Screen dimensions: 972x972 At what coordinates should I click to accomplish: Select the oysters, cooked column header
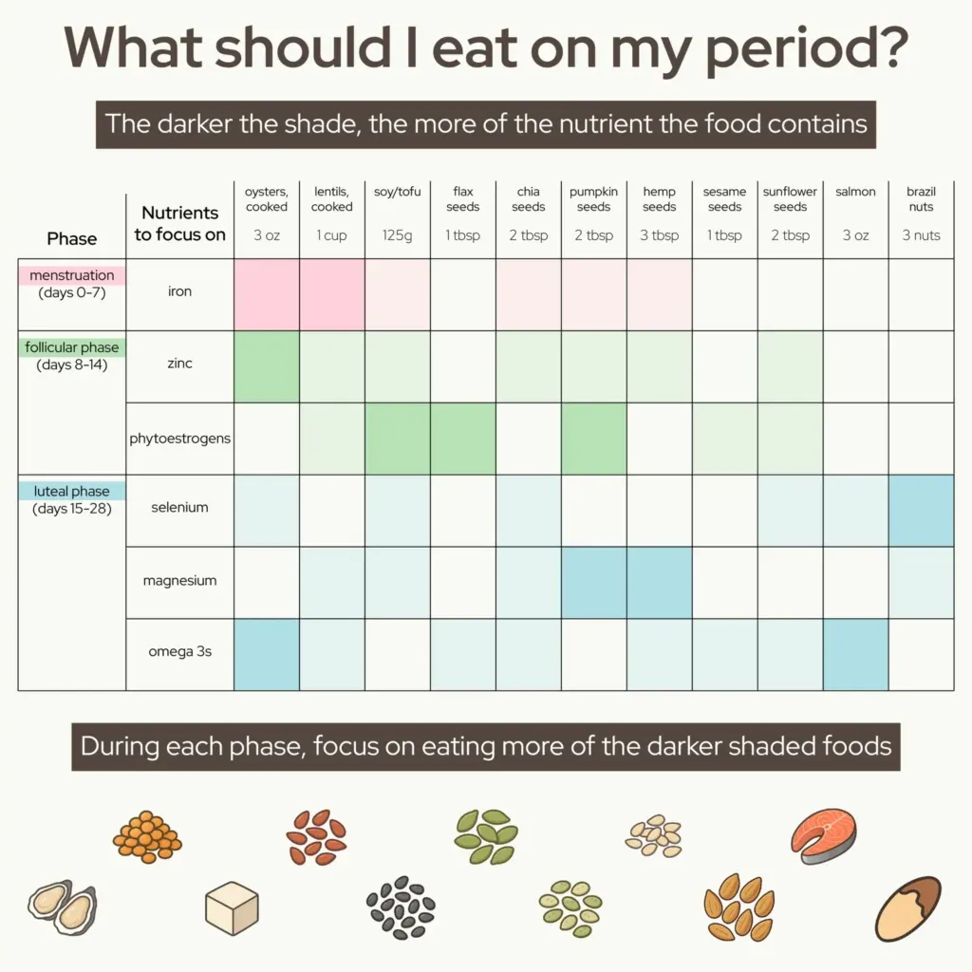(x=267, y=199)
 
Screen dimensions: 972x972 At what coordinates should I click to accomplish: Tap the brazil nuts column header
(x=921, y=199)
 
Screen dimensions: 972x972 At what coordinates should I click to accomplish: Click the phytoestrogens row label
(x=180, y=439)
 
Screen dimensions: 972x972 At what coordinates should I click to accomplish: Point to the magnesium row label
(x=180, y=580)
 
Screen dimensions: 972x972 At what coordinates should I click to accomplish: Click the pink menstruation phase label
(x=72, y=275)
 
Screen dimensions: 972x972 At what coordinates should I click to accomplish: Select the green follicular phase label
(x=72, y=347)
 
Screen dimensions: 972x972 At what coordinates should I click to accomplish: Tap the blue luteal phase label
(x=71, y=492)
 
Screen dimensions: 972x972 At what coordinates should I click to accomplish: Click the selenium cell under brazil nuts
(x=921, y=511)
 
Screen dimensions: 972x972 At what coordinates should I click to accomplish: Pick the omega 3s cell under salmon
(x=855, y=654)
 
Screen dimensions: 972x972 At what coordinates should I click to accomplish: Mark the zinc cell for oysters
(x=267, y=366)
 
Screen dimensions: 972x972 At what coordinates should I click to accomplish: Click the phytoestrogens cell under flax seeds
(x=463, y=439)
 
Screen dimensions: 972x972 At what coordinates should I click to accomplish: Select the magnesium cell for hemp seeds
(x=659, y=582)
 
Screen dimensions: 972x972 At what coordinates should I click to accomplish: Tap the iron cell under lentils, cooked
(x=332, y=294)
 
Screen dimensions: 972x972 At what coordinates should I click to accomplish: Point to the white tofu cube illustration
(x=233, y=907)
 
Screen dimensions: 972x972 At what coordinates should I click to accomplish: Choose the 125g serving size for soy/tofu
(x=398, y=235)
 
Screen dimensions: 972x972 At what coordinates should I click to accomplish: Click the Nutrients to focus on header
(x=180, y=223)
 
